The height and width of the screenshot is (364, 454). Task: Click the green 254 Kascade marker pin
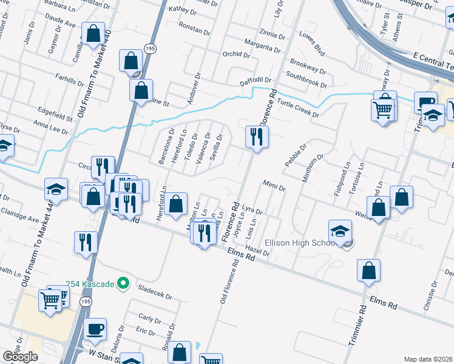click(x=123, y=283)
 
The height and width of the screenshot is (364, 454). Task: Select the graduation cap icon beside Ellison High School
click(x=340, y=231)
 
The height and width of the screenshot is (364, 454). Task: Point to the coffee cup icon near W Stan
click(x=95, y=330)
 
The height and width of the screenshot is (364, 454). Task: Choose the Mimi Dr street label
click(x=274, y=185)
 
